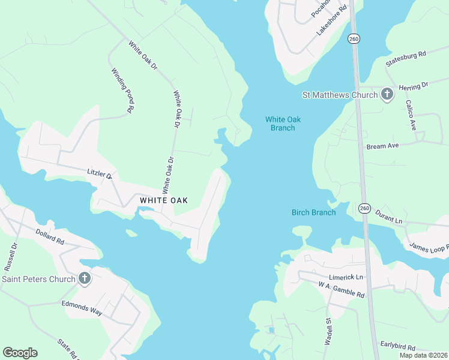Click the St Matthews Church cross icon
pyautogui.click(x=387, y=94)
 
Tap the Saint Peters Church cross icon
pyautogui.click(x=85, y=278)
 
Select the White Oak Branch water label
pyautogui.click(x=283, y=124)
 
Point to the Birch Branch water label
pyautogui.click(x=313, y=212)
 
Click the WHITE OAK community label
pyautogui.click(x=164, y=200)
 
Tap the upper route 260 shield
pyautogui.click(x=354, y=38)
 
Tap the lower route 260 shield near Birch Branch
pyautogui.click(x=364, y=208)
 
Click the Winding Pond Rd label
pyautogui.click(x=122, y=90)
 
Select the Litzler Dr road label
pyautogui.click(x=100, y=174)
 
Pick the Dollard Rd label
pyautogui.click(x=50, y=236)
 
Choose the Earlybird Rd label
pyautogui.click(x=399, y=345)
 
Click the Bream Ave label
pyautogui.click(x=383, y=146)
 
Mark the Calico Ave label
pyautogui.click(x=411, y=115)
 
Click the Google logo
pyautogui.click(x=20, y=353)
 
